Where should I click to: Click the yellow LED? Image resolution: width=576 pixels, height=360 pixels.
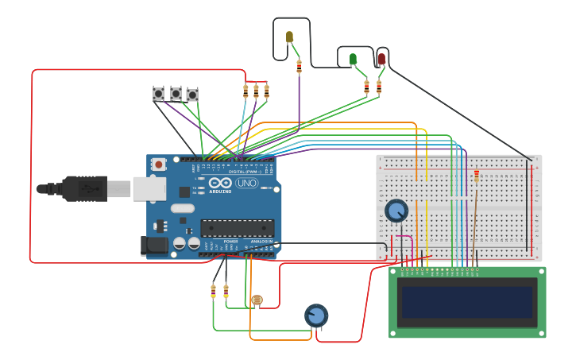tap(289, 37)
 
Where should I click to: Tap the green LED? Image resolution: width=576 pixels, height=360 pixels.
tap(353, 59)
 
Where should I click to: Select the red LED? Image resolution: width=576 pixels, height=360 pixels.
tap(381, 59)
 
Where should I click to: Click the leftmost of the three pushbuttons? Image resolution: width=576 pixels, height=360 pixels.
tap(158, 94)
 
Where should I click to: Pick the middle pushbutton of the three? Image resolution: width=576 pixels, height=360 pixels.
tap(176, 94)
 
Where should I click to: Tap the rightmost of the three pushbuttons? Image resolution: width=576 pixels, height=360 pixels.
tap(192, 95)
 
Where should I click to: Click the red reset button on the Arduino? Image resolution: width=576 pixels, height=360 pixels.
tap(159, 165)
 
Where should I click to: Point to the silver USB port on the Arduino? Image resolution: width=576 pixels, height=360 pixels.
tap(149, 188)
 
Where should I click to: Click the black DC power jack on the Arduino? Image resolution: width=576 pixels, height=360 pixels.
tap(154, 246)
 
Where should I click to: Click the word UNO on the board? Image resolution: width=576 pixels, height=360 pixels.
tap(246, 183)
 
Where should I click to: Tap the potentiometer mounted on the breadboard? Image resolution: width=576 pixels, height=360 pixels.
tap(396, 211)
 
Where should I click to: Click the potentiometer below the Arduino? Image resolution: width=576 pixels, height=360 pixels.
tap(316, 315)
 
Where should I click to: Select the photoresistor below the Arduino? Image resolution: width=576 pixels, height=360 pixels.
tap(256, 300)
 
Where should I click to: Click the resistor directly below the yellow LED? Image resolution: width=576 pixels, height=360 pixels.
tap(299, 67)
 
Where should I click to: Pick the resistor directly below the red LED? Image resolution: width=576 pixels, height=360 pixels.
tap(378, 87)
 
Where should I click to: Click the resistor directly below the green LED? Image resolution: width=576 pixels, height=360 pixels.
tap(366, 87)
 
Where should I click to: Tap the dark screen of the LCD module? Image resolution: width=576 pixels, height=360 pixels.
tap(467, 302)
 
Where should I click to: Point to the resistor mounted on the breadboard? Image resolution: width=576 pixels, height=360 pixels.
tap(477, 176)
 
